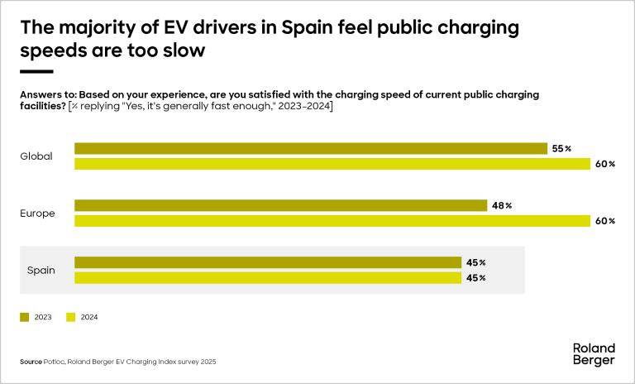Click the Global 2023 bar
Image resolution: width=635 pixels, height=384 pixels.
tap(311, 149)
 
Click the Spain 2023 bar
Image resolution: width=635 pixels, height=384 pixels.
tap(268, 262)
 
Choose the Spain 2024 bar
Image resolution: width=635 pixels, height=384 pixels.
tap(268, 277)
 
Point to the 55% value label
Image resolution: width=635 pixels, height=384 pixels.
tap(561, 149)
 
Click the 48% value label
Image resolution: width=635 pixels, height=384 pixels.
tap(503, 205)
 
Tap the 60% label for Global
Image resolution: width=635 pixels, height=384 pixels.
tap(605, 164)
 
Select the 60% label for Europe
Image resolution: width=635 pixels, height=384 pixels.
tap(605, 221)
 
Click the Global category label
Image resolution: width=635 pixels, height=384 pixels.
tap(36, 156)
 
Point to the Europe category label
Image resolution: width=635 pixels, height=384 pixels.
tap(37, 214)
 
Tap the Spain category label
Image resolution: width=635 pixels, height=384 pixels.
tap(41, 270)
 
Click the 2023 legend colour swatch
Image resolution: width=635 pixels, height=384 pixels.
tap(24, 316)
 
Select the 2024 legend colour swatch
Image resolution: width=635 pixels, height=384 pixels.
tap(70, 316)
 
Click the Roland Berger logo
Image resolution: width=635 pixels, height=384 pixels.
tap(594, 354)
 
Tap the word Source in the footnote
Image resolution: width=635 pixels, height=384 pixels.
tap(31, 362)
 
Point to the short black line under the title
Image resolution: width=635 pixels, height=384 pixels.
tap(36, 72)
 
